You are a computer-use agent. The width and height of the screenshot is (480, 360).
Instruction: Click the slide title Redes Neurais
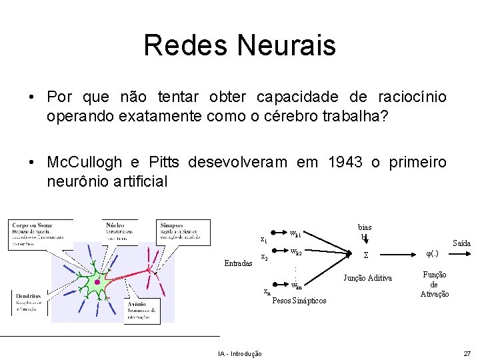239,45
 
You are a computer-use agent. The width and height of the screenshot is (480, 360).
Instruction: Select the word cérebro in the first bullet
287,116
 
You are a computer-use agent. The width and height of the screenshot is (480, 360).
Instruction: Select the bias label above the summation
365,227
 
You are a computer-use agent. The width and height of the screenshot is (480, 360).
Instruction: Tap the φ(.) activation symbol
433,253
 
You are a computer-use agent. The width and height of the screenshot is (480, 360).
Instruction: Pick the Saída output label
461,243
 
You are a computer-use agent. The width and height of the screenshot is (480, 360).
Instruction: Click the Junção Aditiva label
367,278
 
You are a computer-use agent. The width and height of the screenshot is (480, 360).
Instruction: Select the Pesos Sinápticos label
299,301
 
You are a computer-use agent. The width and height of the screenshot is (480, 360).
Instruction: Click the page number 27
467,353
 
